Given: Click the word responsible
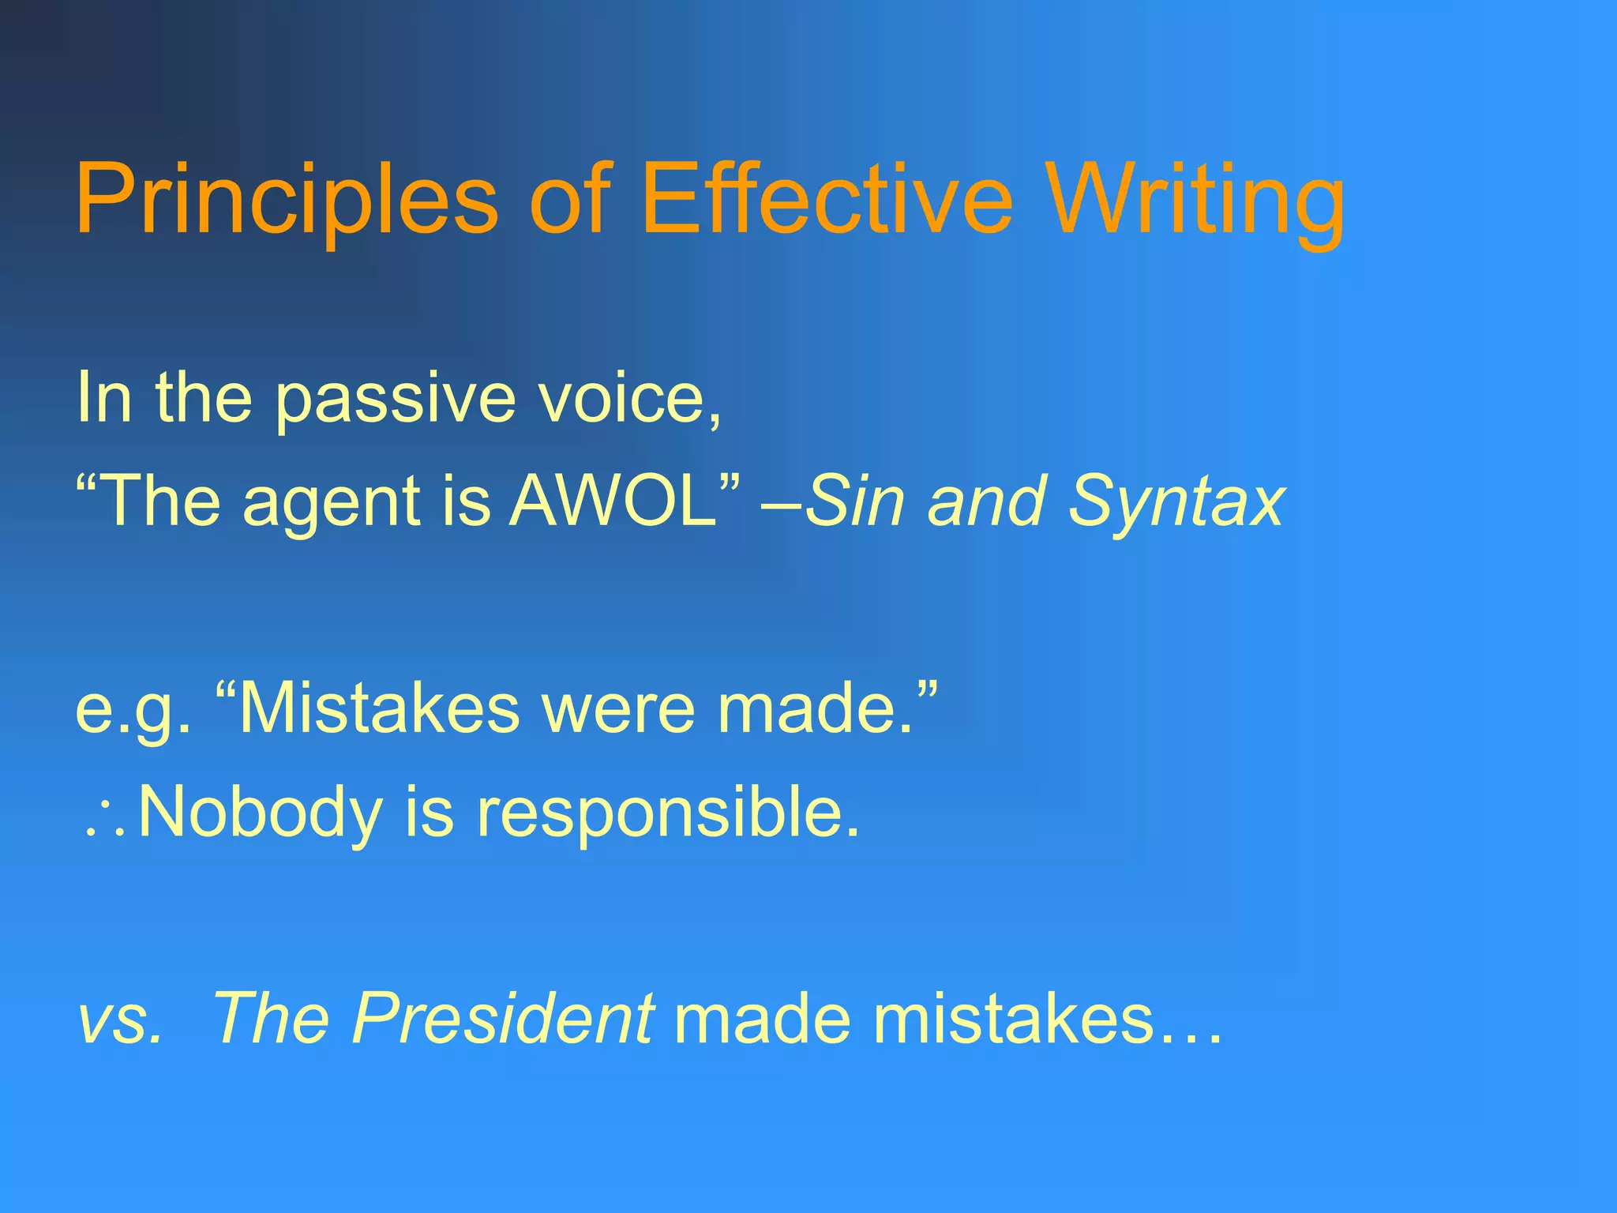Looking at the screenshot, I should tap(668, 815).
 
